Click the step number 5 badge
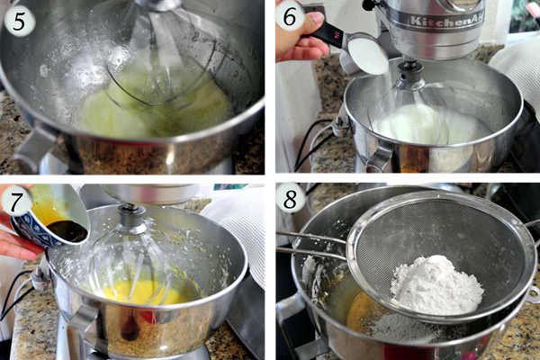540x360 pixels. tap(19, 22)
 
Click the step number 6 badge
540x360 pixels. tap(290, 16)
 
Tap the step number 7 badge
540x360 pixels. tap(17, 203)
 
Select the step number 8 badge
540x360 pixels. tap(291, 199)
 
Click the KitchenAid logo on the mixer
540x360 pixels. tap(447, 22)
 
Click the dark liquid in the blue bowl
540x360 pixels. tap(67, 230)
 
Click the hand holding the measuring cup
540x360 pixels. tap(300, 38)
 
